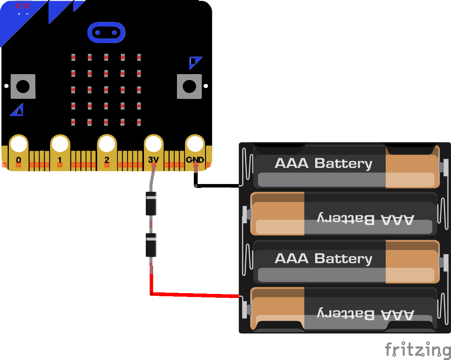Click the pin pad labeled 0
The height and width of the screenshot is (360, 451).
point(19,153)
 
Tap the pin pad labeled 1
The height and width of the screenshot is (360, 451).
point(60,153)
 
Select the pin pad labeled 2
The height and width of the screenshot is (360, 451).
point(107,153)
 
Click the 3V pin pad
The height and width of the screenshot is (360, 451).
point(154,153)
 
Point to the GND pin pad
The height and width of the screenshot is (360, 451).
point(195,153)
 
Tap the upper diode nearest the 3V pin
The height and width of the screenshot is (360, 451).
point(151,204)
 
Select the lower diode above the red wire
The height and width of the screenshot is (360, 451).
point(151,245)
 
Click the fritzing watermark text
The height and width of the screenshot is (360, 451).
point(418,350)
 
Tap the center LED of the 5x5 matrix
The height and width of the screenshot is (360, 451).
point(106,90)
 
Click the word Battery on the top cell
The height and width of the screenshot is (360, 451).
point(344,164)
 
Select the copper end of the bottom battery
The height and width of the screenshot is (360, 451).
point(278,309)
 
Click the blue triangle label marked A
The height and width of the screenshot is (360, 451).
point(17,110)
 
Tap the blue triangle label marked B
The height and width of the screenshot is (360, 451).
point(195,63)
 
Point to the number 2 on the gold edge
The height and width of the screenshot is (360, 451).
point(107,160)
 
